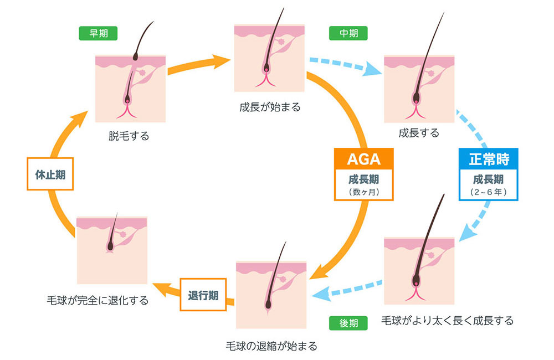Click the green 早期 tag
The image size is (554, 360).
[x=99, y=33]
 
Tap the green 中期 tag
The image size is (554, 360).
[x=348, y=33]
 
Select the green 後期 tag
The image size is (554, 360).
[x=348, y=322]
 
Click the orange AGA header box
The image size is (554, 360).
[x=363, y=159]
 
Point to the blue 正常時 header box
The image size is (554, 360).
[x=489, y=159]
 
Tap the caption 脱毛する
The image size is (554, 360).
[x=129, y=136]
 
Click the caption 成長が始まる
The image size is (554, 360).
[x=270, y=107]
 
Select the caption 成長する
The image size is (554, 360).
[x=419, y=133]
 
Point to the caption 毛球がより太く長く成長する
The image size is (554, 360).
[x=447, y=321]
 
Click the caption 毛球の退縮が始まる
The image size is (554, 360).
[x=272, y=347]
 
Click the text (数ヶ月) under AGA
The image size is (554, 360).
[x=363, y=193]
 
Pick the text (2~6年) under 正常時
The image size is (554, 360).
[x=489, y=193]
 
